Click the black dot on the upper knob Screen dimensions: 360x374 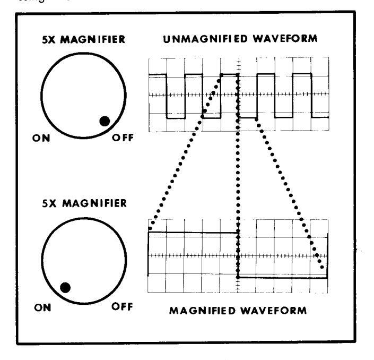point(105,121)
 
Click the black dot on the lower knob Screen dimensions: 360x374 point(65,288)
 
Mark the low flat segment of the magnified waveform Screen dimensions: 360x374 point(281,277)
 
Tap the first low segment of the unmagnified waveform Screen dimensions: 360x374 point(176,118)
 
